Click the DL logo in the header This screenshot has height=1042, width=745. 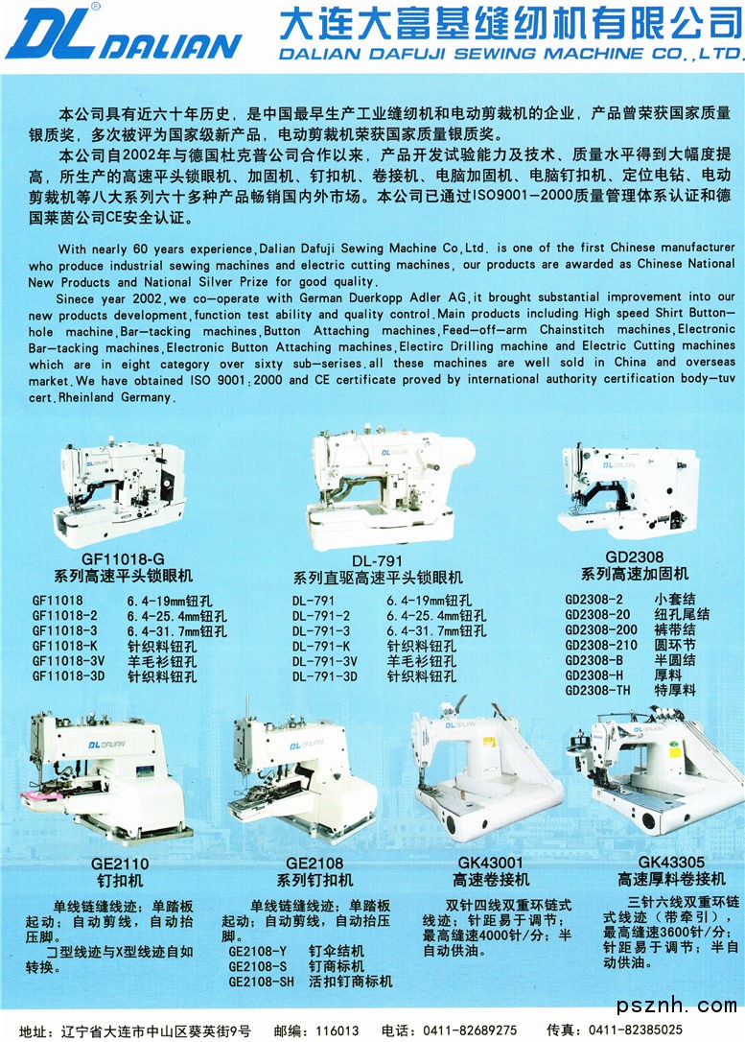[x=53, y=35]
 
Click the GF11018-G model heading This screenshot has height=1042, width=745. [x=124, y=558]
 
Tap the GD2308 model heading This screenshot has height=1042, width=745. [x=634, y=557]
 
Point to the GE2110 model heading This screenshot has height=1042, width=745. [x=120, y=864]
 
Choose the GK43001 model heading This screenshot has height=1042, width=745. [x=491, y=863]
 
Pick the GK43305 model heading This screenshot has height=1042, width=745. [x=671, y=862]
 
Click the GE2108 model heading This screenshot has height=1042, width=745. [x=314, y=864]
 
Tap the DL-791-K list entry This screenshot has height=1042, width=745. [x=321, y=646]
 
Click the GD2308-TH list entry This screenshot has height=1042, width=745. [x=597, y=691]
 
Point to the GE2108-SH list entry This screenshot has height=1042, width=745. [x=261, y=982]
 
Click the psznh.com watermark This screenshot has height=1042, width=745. [x=677, y=1005]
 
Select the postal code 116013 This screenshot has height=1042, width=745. [x=338, y=1031]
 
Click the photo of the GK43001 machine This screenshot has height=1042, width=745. [x=487, y=771]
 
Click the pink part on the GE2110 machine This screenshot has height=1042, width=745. [x=41, y=795]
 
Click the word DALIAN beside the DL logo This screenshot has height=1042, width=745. [x=174, y=46]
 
